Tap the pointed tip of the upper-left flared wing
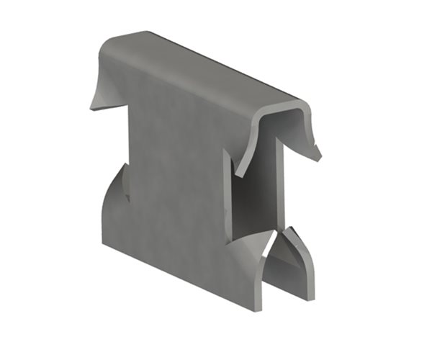click(91, 108)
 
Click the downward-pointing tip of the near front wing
click(237, 175)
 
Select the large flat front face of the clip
click(173, 187)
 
